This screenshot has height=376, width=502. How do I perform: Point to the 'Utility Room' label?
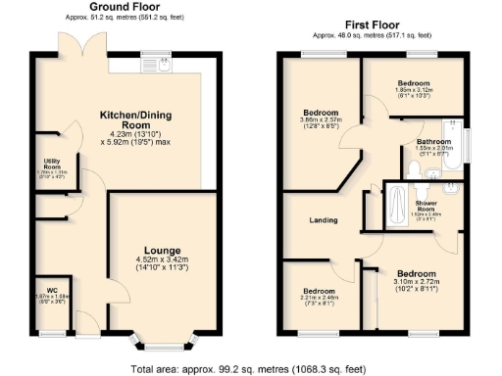click(x=53, y=164)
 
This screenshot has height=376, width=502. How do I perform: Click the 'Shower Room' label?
click(x=426, y=206)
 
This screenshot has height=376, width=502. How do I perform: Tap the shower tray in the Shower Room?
click(x=396, y=207)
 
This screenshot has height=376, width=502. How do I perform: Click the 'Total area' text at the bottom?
click(x=250, y=369)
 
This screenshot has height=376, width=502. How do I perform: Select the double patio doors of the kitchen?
click(x=92, y=46)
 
